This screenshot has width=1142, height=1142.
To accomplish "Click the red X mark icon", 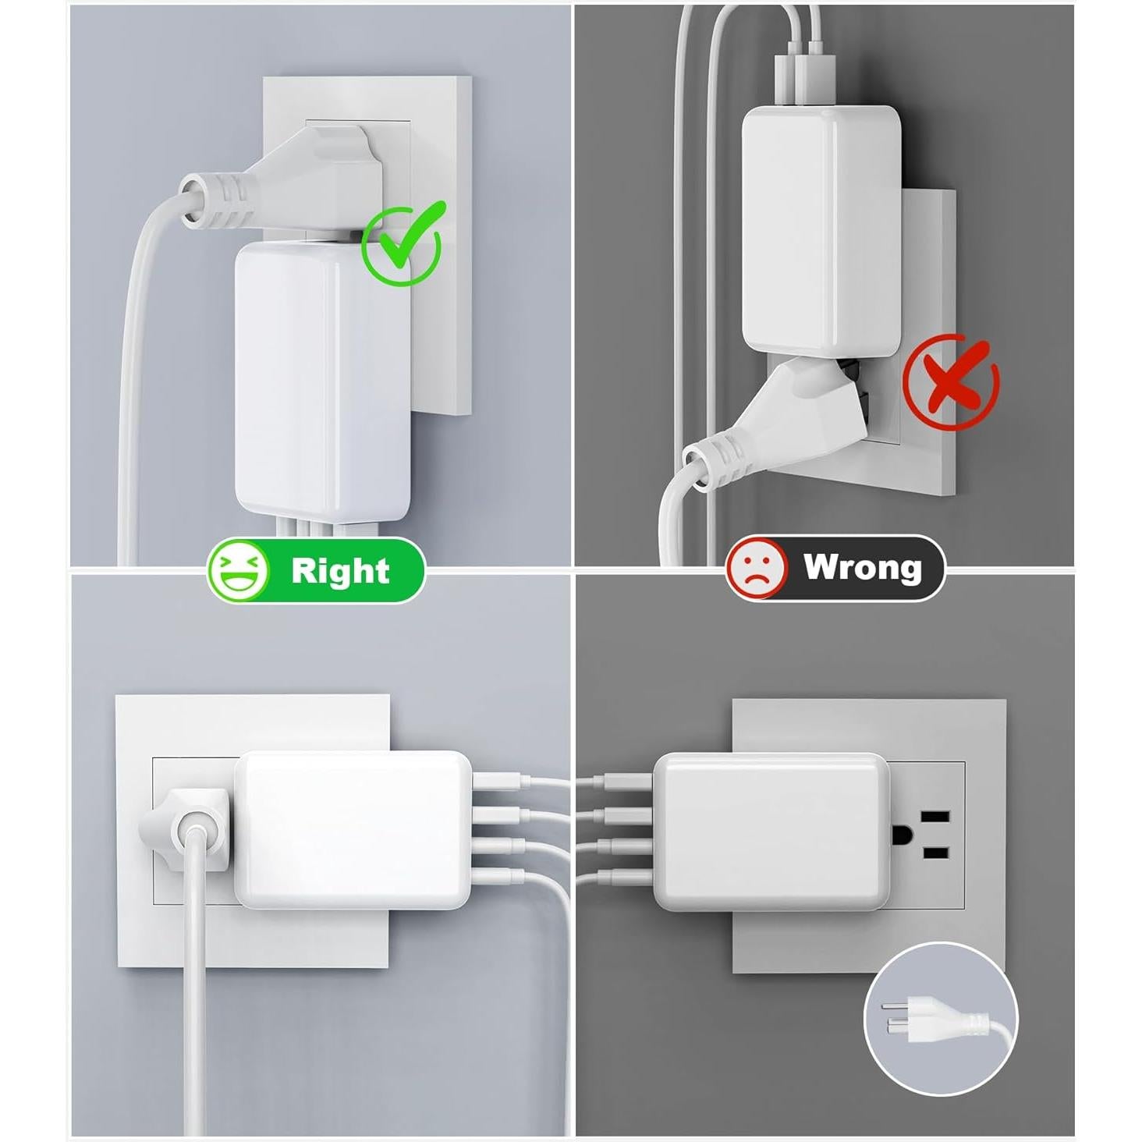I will (951, 382).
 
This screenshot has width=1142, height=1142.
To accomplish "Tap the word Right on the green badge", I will (340, 570).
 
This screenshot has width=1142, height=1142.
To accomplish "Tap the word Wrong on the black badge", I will (862, 567).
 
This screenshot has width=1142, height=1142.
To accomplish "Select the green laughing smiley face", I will (238, 570).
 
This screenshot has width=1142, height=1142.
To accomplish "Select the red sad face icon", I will (756, 568).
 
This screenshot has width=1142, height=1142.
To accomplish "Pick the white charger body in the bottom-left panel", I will (351, 831).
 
